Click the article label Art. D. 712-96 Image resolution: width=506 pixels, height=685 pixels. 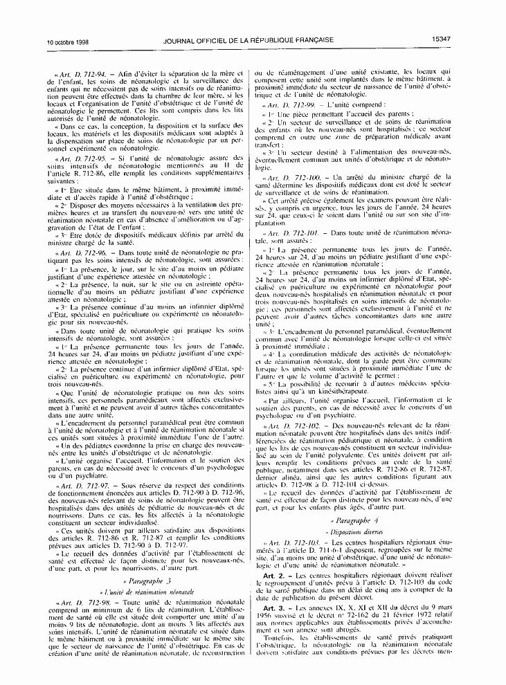point(80,255)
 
